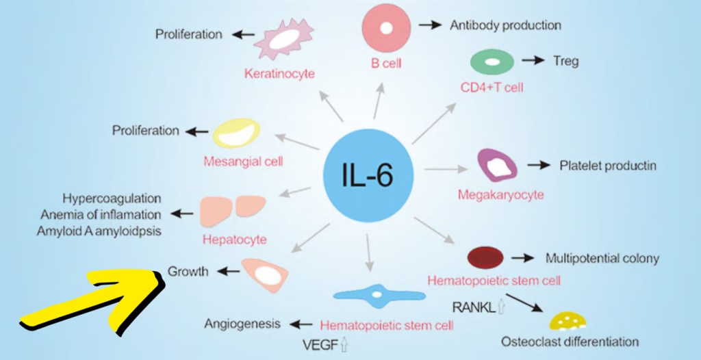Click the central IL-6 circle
368,174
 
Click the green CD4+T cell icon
492,62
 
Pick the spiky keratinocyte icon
283,41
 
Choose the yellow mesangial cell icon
237,133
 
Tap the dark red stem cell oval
485,257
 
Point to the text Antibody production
505,25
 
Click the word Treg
565,61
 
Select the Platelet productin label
608,166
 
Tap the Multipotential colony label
602,258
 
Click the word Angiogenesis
242,323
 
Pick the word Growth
188,272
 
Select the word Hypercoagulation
112,198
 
